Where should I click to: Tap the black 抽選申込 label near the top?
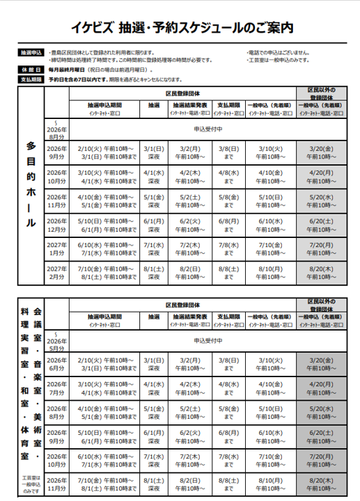(x=31, y=52)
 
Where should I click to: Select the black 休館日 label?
(x=31, y=70)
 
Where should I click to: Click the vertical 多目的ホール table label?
(x=31, y=184)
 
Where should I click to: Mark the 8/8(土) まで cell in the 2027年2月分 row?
(x=228, y=272)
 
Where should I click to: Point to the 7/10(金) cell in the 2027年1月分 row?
(x=269, y=248)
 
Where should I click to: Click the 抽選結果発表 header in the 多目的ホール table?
(x=189, y=106)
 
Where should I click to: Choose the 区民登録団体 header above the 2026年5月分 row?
(x=183, y=305)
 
